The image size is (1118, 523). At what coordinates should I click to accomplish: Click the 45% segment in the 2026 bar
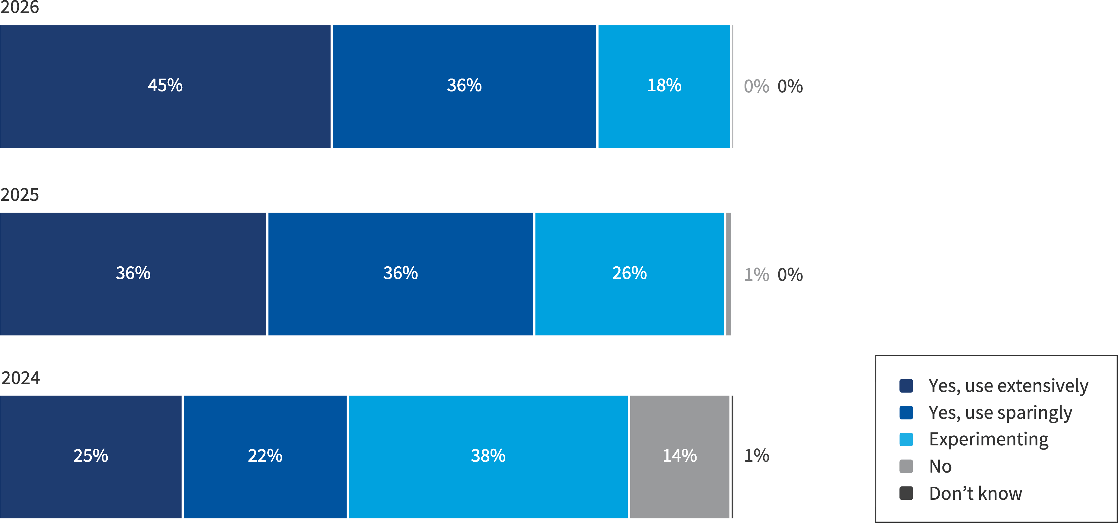pyautogui.click(x=165, y=86)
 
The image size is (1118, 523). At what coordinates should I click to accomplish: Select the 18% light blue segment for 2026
pyautogui.click(x=664, y=86)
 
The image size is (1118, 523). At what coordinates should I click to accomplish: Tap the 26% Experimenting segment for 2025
pyautogui.click(x=629, y=274)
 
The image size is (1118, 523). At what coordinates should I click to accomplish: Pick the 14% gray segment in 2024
pyautogui.click(x=679, y=456)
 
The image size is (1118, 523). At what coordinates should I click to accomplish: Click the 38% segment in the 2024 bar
pyautogui.click(x=488, y=456)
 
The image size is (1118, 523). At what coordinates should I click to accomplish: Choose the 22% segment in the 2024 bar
pyautogui.click(x=265, y=456)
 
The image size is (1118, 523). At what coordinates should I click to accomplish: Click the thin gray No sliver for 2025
pyautogui.click(x=728, y=274)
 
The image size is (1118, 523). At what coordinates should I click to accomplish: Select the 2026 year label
pyautogui.click(x=20, y=7)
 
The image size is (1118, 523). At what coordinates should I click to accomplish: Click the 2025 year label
pyautogui.click(x=20, y=194)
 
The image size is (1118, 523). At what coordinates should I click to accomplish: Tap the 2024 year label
pyautogui.click(x=21, y=378)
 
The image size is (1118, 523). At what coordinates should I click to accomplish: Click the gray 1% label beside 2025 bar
pyautogui.click(x=756, y=274)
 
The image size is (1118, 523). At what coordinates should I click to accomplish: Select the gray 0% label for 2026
pyautogui.click(x=756, y=86)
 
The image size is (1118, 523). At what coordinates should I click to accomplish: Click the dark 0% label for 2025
pyautogui.click(x=790, y=274)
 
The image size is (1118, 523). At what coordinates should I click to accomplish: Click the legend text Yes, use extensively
pyautogui.click(x=1008, y=386)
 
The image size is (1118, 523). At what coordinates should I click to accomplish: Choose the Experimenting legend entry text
pyautogui.click(x=989, y=439)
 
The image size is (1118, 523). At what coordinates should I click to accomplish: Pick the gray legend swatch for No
pyautogui.click(x=906, y=466)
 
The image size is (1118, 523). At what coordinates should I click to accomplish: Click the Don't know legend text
pyautogui.click(x=975, y=493)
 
